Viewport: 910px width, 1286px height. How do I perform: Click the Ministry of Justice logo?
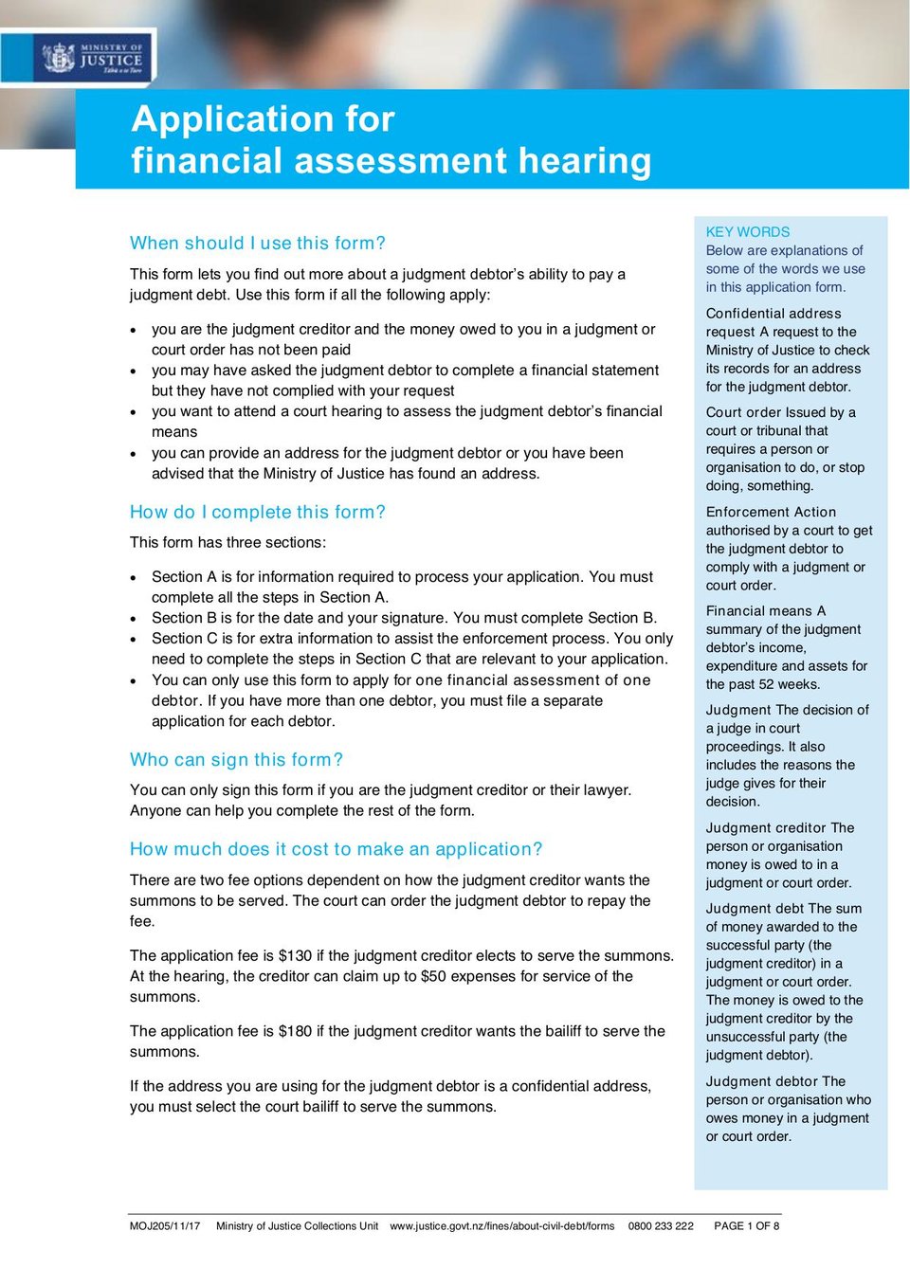point(92,58)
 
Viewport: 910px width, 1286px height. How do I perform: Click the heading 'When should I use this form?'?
point(257,244)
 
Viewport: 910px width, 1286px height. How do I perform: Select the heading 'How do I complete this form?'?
point(257,513)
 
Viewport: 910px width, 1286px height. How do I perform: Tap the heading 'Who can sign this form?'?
point(236,760)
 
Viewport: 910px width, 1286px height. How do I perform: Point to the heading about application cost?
point(336,849)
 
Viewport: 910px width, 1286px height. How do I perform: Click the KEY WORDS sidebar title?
point(747,232)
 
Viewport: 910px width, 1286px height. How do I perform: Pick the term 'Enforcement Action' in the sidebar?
point(771,513)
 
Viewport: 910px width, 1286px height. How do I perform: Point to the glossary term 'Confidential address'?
point(773,314)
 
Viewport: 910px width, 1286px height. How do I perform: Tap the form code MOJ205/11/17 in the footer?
point(165,1226)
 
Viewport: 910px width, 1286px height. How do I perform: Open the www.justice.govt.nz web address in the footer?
point(501,1226)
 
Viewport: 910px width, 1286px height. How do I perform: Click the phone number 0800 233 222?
point(661,1226)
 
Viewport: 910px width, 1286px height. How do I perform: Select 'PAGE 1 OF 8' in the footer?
point(746,1226)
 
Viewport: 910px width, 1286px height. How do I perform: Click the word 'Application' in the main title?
point(231,119)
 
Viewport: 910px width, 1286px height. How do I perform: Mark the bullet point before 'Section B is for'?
point(135,619)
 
